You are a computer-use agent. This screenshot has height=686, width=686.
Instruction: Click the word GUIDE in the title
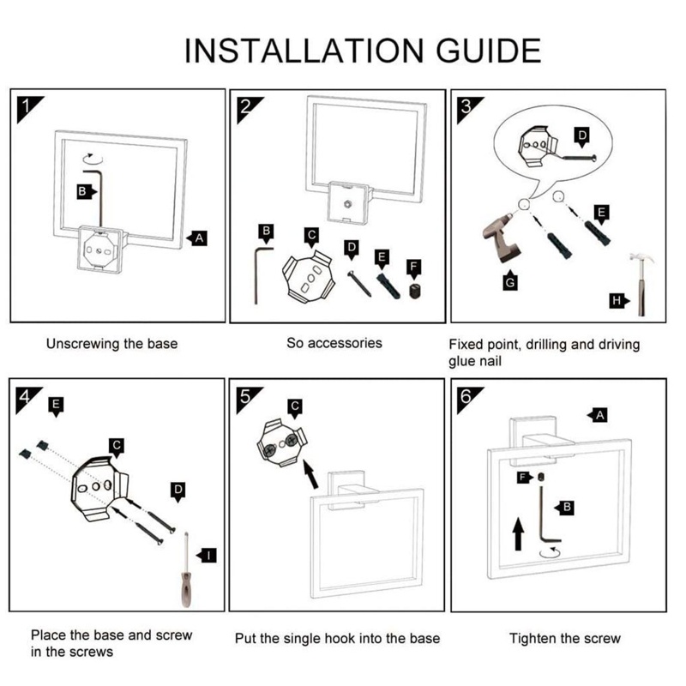(488, 51)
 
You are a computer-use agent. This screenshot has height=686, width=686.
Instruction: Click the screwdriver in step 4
(187, 570)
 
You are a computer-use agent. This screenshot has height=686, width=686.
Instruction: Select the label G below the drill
(510, 282)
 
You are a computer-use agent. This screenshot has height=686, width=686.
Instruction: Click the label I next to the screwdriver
(207, 556)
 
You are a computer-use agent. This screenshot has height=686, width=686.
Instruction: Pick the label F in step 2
(414, 268)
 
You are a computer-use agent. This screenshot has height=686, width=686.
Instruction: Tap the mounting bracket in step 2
(308, 276)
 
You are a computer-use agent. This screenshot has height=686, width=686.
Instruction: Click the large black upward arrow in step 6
(518, 533)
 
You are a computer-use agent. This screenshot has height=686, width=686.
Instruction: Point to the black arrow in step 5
(310, 474)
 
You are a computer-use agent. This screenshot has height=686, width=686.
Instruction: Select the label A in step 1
(197, 238)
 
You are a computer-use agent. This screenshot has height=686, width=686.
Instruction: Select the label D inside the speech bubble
(582, 136)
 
